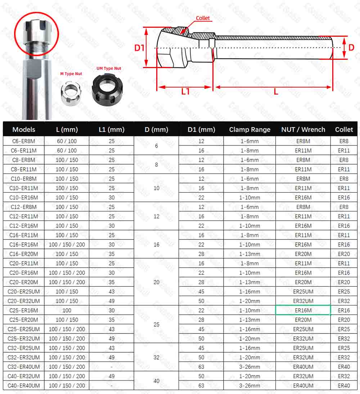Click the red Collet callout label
click(203, 18)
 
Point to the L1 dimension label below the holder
click(185, 91)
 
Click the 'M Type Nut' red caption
click(71, 74)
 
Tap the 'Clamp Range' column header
click(249, 130)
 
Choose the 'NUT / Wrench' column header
click(303, 130)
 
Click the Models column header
click(24, 130)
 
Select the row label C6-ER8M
click(24, 141)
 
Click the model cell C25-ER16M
click(24, 310)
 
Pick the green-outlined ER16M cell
click(303, 310)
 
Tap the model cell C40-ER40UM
click(24, 386)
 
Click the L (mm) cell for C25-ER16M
click(67, 310)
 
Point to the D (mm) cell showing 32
click(157, 358)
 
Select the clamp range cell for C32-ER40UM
click(250, 367)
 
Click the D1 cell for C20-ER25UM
click(201, 292)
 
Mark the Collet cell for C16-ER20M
click(344, 254)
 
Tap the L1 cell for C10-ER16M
click(112, 197)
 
